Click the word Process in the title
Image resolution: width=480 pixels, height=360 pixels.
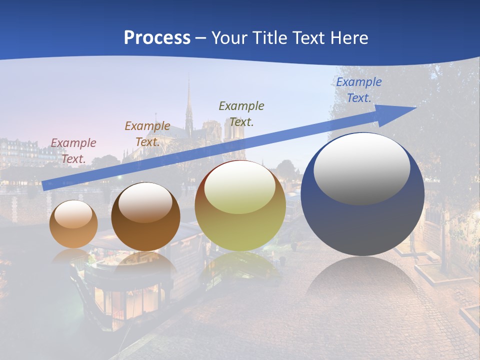click(157, 38)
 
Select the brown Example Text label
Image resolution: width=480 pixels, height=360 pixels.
click(147, 134)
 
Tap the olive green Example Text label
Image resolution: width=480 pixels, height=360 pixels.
click(241, 113)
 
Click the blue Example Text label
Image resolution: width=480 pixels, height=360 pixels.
click(359, 90)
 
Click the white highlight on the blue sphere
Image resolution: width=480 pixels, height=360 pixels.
click(362, 169)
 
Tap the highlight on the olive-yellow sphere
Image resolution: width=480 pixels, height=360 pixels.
click(239, 187)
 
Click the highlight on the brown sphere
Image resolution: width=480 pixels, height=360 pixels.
click(145, 202)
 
